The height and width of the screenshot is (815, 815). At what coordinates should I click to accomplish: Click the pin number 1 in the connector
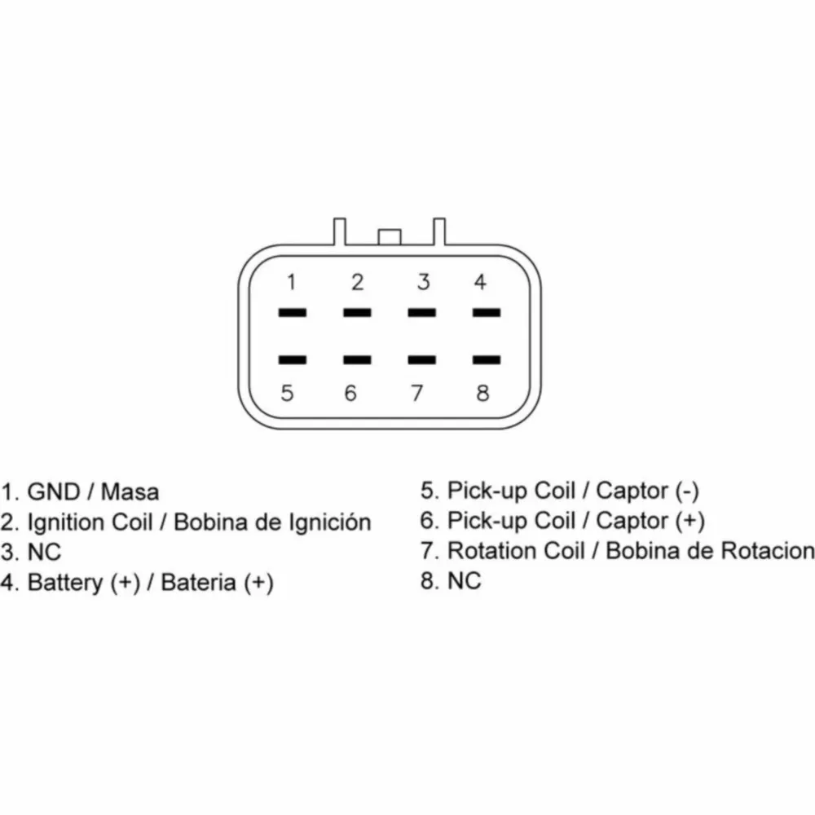click(x=292, y=282)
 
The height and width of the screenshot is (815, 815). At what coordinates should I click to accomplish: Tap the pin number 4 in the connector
click(x=480, y=282)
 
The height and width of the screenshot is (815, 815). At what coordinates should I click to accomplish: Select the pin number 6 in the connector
click(x=350, y=393)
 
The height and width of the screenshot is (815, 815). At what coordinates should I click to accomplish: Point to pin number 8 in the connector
click(x=482, y=393)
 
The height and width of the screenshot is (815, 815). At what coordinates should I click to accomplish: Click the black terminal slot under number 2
click(x=357, y=313)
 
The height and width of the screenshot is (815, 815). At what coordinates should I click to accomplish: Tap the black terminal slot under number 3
click(x=422, y=313)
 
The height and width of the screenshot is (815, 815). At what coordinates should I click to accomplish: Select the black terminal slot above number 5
click(x=292, y=359)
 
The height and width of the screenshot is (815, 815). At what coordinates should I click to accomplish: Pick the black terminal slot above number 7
click(x=422, y=359)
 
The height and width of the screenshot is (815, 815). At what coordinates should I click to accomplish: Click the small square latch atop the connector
click(x=390, y=236)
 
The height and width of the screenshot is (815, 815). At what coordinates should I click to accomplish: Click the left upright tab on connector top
click(x=339, y=231)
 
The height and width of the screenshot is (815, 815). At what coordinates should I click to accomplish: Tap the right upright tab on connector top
click(x=439, y=231)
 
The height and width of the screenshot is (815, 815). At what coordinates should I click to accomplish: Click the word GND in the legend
click(x=54, y=491)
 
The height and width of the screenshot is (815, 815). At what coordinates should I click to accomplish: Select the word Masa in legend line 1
click(x=130, y=491)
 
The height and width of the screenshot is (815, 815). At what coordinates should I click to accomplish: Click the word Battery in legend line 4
click(x=65, y=583)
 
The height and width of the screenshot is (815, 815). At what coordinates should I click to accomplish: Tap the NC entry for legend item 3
click(x=44, y=552)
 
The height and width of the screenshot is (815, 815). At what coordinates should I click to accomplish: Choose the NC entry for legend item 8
click(x=465, y=580)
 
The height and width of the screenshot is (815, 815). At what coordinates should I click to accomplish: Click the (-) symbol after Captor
click(x=686, y=491)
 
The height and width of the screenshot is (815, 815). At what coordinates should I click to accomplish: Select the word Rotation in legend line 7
click(x=516, y=551)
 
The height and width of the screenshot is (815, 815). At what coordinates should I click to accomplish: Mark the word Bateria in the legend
click(x=199, y=582)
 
